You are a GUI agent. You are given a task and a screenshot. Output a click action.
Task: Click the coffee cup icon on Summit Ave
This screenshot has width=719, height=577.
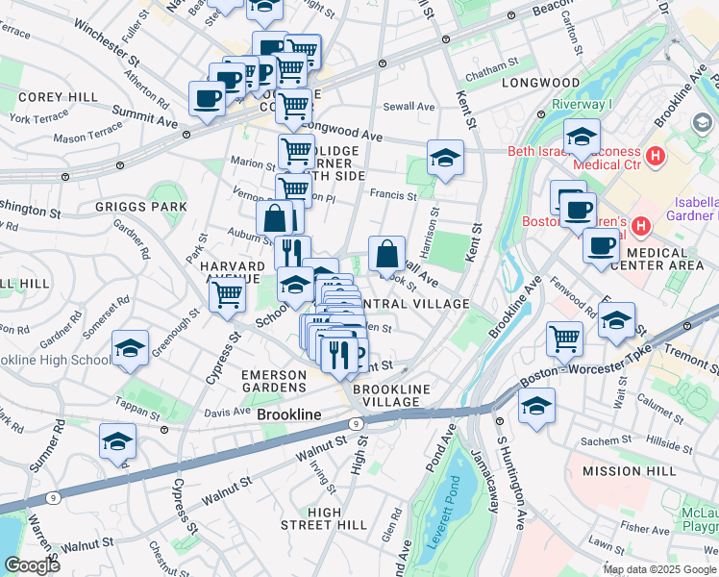click(x=208, y=97)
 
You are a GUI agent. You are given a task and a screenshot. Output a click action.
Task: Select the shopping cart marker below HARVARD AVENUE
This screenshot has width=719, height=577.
click(x=228, y=293)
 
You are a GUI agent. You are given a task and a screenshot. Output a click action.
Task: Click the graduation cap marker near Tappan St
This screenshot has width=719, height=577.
click(x=117, y=440)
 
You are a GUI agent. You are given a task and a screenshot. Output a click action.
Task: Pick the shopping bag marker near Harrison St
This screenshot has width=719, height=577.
click(x=386, y=254)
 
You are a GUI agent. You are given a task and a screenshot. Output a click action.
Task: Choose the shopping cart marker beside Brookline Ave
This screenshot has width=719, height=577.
click(x=564, y=338)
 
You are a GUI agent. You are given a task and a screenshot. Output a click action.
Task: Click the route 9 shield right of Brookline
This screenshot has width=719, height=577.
click(x=356, y=423)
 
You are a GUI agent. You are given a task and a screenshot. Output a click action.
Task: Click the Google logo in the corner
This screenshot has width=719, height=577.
click(x=33, y=564)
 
